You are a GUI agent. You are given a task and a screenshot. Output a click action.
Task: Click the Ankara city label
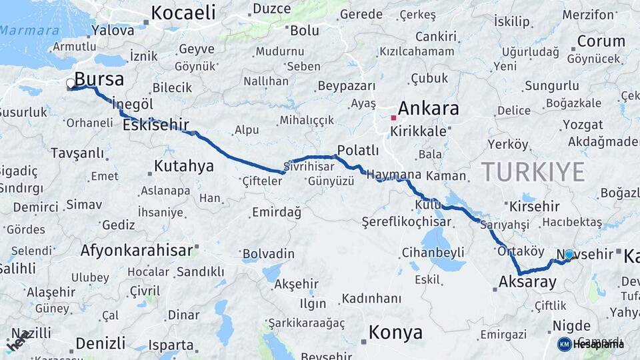pyautogui.click(x=429, y=109)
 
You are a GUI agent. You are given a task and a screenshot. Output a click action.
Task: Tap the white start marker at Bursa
pyautogui.click(x=71, y=84)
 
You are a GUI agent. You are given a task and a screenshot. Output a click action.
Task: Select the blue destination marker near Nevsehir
pyautogui.click(x=569, y=254)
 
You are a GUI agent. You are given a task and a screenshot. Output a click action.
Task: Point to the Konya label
pyautogui.click(x=395, y=332)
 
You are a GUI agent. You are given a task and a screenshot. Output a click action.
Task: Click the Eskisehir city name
pyautogui.click(x=156, y=125)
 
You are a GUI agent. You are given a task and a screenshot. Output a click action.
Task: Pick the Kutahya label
pyautogui.click(x=183, y=165)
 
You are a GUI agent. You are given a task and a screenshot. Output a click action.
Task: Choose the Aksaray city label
pyautogui.click(x=527, y=282)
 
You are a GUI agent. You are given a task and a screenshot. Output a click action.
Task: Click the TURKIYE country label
pyautogui.click(x=533, y=172)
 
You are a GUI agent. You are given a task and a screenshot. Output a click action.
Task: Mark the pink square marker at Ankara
pyautogui.click(x=393, y=118)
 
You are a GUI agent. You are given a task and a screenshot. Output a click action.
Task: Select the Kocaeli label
pyautogui.click(x=183, y=13)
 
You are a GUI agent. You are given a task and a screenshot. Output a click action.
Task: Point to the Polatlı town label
pyautogui.click(x=358, y=150)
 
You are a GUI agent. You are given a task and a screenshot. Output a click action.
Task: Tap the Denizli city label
pyautogui.click(x=100, y=343)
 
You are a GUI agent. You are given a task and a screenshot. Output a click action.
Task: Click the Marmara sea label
pyautogui.click(x=29, y=30)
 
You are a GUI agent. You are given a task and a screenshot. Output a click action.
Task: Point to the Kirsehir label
pyautogui.click(x=533, y=205)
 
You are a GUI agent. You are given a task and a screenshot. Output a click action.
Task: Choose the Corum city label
pyautogui.click(x=601, y=41)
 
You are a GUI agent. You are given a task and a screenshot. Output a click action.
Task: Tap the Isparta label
pyautogui.click(x=171, y=345)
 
